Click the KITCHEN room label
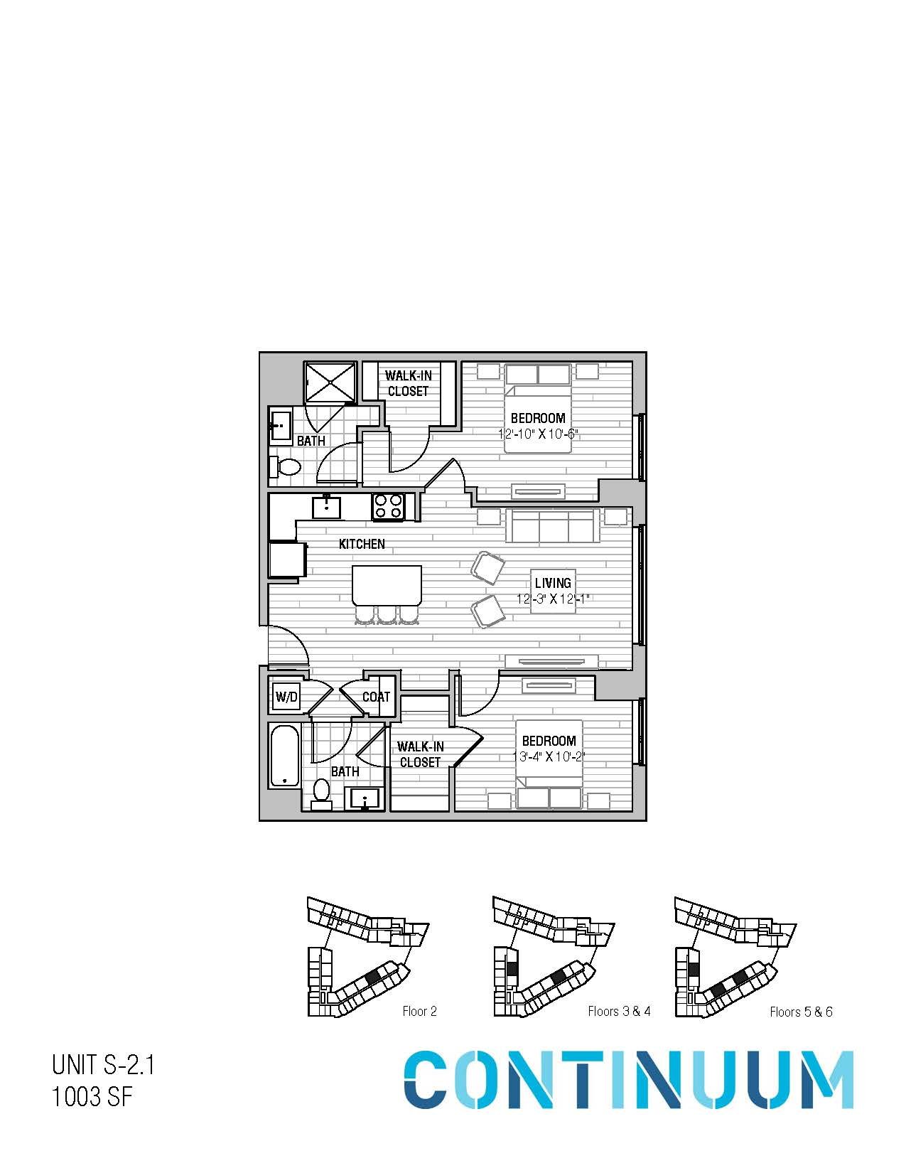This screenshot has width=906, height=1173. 362,544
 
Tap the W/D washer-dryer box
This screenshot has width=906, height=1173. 286,697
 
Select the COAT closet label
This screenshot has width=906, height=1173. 376,697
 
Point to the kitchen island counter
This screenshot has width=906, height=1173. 387,585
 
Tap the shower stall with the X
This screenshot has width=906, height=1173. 330,382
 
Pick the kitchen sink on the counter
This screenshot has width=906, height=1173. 326,507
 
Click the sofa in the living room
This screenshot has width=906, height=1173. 553,525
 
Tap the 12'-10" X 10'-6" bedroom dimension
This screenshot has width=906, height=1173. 537,434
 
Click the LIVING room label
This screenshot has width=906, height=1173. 553,583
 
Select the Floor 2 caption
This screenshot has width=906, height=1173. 419,1011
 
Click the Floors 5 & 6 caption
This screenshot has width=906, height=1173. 801,1012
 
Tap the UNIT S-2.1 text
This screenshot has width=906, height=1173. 103,1066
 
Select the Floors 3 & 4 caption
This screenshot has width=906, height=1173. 619,1011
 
